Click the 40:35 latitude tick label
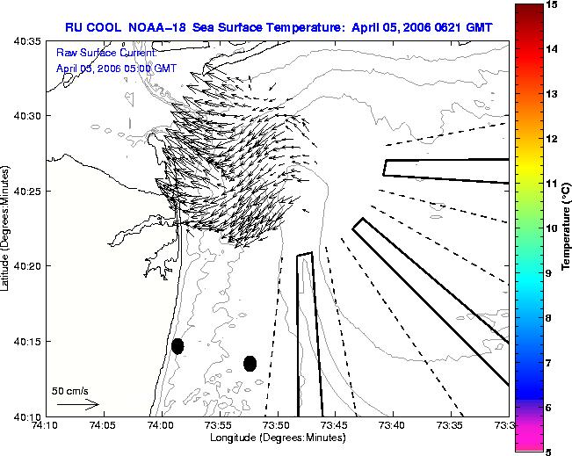tap(27, 40)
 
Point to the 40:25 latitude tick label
tap(27, 191)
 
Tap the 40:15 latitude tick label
tap(27, 341)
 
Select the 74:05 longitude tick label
tap(104, 425)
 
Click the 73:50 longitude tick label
tap(278, 425)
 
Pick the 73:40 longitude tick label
tap(394, 425)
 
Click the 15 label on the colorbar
tap(553, 4)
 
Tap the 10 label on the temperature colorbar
tap(553, 228)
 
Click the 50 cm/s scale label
tap(70, 391)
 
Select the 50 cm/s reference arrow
tap(78, 404)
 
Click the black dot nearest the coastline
tap(177, 346)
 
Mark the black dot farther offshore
tap(250, 364)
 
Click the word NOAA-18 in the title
tap(157, 27)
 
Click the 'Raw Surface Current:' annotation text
tap(106, 53)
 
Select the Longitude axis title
tap(278, 438)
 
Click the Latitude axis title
tap(4, 228)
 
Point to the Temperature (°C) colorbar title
tap(567, 227)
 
